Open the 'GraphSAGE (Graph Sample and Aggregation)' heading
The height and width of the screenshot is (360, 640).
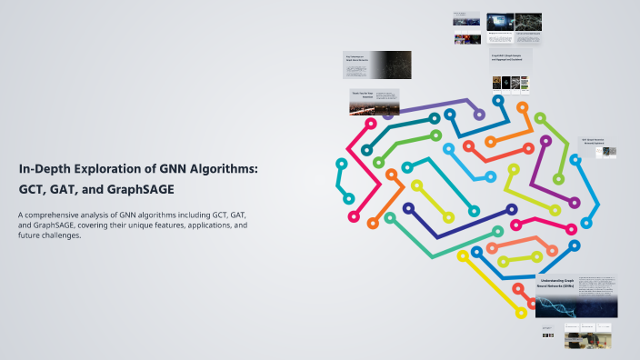coord(510,58)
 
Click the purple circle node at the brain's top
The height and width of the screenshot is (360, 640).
coord(479,115)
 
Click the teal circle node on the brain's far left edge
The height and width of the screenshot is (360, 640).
coord(342,164)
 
